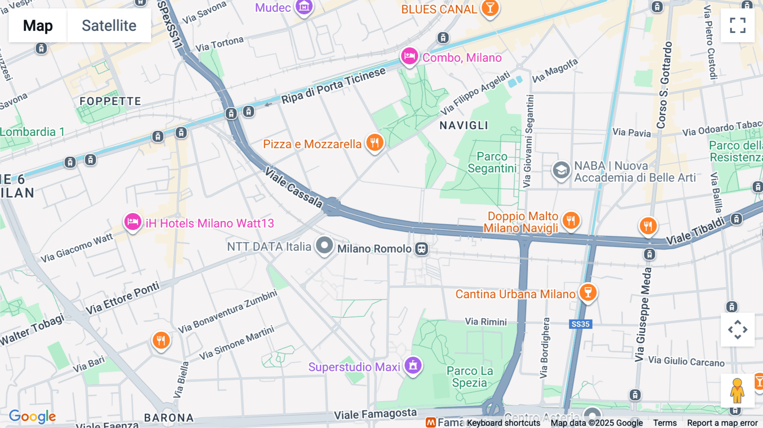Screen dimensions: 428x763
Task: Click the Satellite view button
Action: (109, 25)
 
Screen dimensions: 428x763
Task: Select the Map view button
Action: (38, 25)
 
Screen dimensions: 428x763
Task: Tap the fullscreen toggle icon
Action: (738, 25)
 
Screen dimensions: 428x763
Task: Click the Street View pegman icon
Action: (737, 390)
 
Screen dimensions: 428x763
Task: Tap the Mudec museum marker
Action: (304, 7)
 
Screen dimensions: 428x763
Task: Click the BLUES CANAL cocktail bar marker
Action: (490, 8)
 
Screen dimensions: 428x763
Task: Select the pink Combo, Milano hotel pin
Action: (409, 56)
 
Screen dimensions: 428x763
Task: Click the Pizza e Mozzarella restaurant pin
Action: (375, 143)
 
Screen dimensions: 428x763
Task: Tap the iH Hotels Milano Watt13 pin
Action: (133, 222)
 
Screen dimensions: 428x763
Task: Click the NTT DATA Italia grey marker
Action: (325, 245)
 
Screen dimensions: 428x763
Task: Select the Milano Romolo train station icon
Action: (421, 249)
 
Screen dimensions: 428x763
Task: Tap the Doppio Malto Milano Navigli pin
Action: (571, 220)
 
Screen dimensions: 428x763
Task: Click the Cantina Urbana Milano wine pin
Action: (588, 292)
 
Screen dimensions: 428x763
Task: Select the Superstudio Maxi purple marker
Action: (413, 365)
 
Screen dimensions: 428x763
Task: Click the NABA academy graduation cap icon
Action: (561, 170)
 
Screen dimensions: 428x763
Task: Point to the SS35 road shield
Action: (580, 324)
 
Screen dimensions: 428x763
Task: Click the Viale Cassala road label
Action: (293, 187)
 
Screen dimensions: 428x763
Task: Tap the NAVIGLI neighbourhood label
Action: (464, 125)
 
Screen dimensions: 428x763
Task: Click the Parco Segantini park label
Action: (492, 162)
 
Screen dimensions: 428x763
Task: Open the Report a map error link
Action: (722, 423)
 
